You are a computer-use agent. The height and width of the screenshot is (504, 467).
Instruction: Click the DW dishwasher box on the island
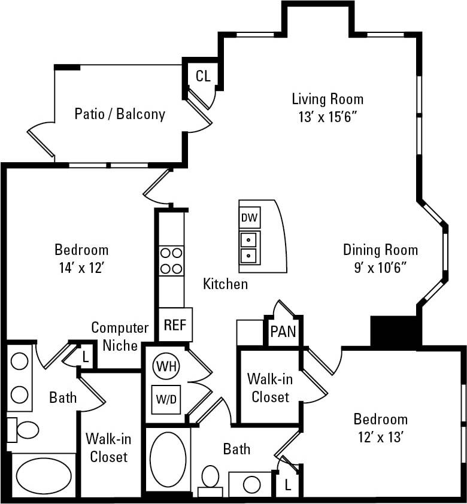pyautogui.click(x=249, y=218)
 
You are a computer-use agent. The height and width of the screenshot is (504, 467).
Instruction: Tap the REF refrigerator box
pyautogui.click(x=175, y=325)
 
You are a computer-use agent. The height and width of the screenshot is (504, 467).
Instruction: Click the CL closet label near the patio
pyautogui.click(x=203, y=76)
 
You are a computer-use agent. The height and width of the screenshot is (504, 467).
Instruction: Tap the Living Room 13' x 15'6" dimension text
pyautogui.click(x=327, y=117)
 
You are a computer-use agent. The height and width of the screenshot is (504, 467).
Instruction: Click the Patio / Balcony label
pyautogui.click(x=120, y=114)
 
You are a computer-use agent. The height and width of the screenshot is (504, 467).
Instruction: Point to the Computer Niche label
pyautogui.click(x=120, y=336)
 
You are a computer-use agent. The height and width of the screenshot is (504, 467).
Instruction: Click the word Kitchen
pyautogui.click(x=225, y=284)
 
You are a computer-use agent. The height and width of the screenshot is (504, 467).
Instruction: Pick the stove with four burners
pyautogui.click(x=171, y=260)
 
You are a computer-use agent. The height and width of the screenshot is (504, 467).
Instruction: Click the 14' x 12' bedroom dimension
pyautogui.click(x=81, y=268)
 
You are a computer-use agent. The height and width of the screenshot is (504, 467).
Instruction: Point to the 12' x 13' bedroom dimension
pyautogui.click(x=380, y=438)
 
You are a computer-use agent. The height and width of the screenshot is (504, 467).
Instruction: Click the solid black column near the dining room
pyautogui.click(x=393, y=331)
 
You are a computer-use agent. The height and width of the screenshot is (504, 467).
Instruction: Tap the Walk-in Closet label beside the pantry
pyautogui.click(x=270, y=388)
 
